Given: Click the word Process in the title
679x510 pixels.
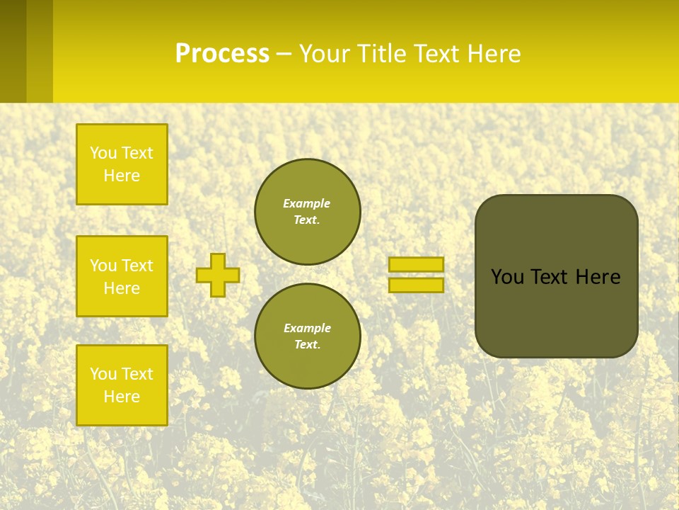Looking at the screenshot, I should (x=222, y=54).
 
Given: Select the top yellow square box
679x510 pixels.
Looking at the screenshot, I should (x=122, y=164).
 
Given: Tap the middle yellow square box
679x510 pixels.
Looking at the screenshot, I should (x=122, y=276).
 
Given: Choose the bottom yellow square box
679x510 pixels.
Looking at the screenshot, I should (x=122, y=385).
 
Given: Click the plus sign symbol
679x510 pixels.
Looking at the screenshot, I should (x=218, y=275).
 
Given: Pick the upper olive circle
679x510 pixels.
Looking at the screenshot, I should (x=307, y=211).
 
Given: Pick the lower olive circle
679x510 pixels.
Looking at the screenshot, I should (x=307, y=336).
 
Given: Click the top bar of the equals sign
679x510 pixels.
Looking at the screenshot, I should (x=416, y=265).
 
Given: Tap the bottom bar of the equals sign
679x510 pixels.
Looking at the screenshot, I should (x=416, y=285).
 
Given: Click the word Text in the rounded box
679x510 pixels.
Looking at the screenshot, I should (x=548, y=277).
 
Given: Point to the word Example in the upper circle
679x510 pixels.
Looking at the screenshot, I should (x=306, y=203).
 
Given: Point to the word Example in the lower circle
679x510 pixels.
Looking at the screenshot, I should (x=307, y=328).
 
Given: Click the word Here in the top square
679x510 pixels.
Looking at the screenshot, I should (x=122, y=176).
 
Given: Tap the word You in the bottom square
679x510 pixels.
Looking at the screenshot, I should (x=103, y=374).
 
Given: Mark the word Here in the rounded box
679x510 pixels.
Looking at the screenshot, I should (x=598, y=277).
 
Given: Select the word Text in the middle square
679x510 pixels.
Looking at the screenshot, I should (x=138, y=266).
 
